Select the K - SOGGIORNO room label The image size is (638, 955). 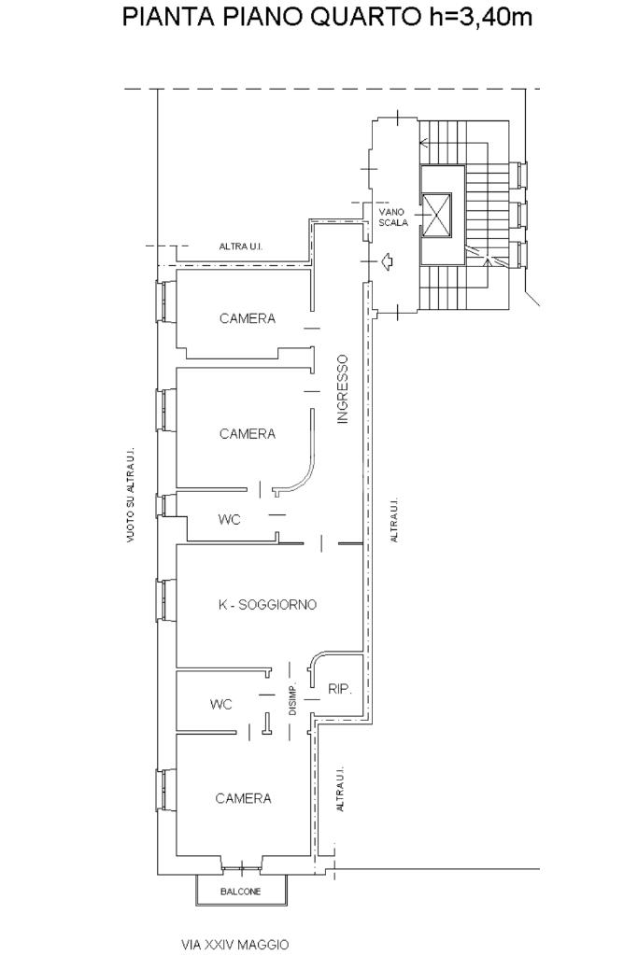tap(267, 605)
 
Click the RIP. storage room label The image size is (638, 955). tap(340, 690)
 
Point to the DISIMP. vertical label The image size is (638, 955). tap(292, 697)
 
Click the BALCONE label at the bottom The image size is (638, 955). tap(241, 892)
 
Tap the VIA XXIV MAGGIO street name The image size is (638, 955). tap(234, 945)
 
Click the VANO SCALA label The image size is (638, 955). tap(393, 218)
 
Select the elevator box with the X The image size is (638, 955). tap(437, 215)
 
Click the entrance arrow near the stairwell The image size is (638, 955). tap(386, 262)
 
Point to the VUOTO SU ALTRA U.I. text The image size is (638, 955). tap(131, 496)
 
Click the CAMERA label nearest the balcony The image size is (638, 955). tap(243, 798)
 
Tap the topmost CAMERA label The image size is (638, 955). tap(248, 318)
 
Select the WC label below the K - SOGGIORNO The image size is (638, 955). tap(221, 705)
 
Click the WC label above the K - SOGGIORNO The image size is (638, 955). tap(229, 520)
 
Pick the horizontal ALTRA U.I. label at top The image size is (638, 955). tap(241, 246)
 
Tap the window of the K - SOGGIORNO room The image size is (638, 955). tap(165, 600)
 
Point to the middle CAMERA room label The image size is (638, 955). tap(248, 434)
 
